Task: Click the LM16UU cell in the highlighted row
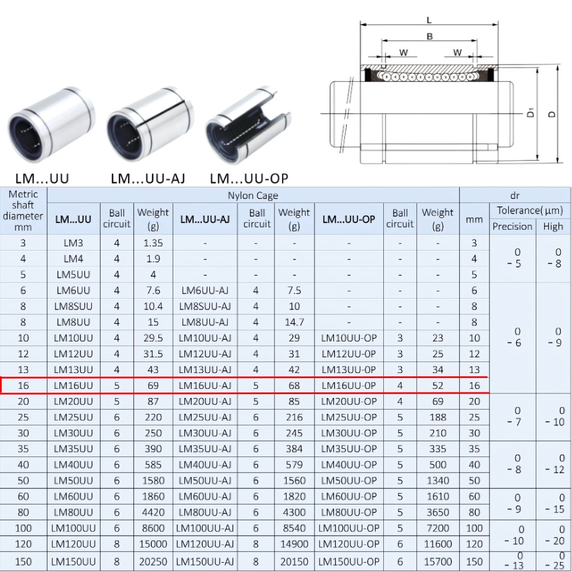click(73, 386)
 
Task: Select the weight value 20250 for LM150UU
click(153, 561)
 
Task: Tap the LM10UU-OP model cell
click(349, 338)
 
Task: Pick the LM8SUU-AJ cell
click(205, 307)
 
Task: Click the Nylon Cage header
click(253, 196)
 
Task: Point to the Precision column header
click(513, 227)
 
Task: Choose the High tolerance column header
click(553, 227)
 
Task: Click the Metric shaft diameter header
click(23, 210)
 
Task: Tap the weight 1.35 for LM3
click(153, 243)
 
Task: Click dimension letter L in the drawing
click(429, 21)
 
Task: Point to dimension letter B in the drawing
click(430, 37)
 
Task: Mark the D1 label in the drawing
click(531, 113)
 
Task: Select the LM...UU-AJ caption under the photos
click(148, 178)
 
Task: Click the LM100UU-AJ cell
click(205, 528)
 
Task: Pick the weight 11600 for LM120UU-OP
click(438, 544)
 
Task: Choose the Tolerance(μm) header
click(530, 210)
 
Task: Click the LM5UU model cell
click(73, 275)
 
